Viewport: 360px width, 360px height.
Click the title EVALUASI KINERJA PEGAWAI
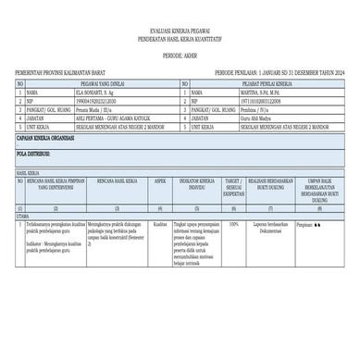(179, 31)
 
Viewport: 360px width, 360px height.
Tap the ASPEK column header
(160, 182)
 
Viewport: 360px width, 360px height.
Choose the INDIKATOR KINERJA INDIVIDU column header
(197, 185)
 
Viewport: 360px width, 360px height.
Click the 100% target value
(234, 224)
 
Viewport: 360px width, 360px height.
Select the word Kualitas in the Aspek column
(160, 224)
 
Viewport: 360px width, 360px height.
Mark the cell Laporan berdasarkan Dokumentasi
(269, 227)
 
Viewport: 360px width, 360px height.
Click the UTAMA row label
(22, 216)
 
